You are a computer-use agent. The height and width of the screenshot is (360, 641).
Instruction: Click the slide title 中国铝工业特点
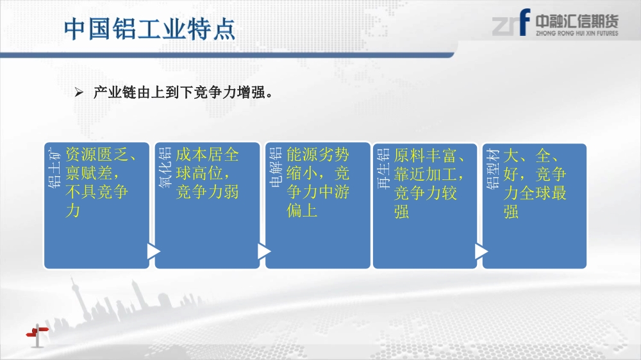(x=149, y=29)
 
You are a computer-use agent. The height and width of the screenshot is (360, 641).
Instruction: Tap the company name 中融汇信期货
(x=577, y=21)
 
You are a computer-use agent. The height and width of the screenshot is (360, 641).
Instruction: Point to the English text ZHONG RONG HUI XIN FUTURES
(x=577, y=33)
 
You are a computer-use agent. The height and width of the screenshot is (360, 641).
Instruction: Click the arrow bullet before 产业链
(x=79, y=92)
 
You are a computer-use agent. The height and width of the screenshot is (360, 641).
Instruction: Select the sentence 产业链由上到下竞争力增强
(x=179, y=92)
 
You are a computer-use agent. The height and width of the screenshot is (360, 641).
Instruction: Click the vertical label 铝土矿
(x=54, y=168)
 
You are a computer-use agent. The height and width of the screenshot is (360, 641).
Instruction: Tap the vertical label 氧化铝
(x=165, y=168)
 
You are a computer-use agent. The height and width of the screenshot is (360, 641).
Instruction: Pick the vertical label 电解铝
(x=276, y=167)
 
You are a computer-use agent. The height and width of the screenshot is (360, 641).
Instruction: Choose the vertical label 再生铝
(x=383, y=168)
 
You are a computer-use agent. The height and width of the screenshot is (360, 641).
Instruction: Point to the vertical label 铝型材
(x=492, y=168)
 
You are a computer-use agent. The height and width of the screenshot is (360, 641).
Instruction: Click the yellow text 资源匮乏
(x=97, y=154)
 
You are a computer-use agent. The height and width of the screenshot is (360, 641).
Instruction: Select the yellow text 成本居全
(x=207, y=154)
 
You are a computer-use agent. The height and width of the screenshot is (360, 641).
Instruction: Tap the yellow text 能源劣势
(x=318, y=154)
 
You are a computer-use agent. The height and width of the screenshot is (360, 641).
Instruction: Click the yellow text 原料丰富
(x=425, y=156)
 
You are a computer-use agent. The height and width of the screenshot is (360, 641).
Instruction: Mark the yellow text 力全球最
(x=535, y=193)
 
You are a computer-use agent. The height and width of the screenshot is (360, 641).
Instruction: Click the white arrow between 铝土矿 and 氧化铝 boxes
(x=154, y=251)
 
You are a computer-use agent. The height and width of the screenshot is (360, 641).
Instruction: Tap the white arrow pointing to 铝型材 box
(x=481, y=251)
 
